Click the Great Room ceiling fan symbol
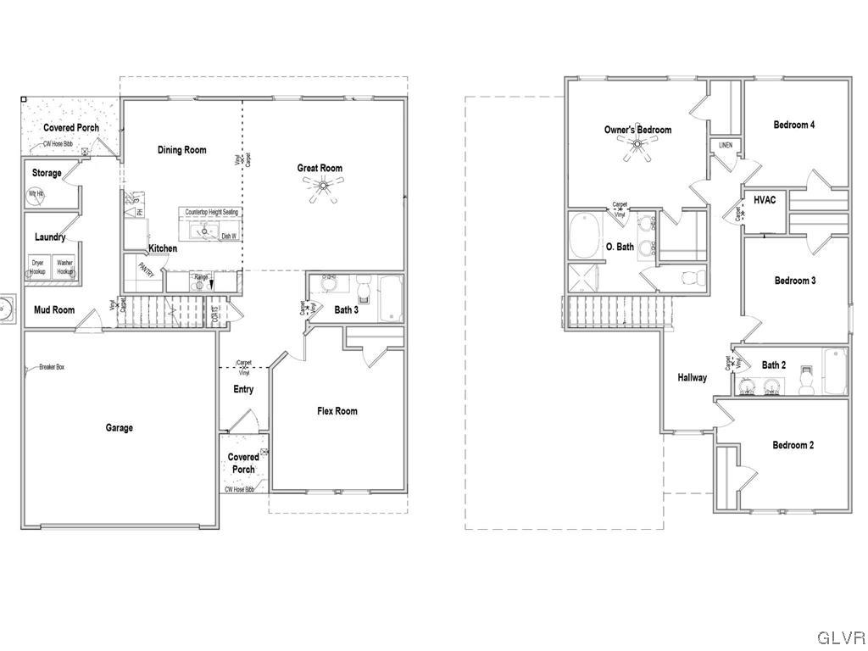point(322,190)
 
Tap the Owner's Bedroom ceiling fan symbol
point(637,150)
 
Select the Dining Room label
point(182,150)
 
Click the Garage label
point(119,428)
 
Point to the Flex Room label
point(337,411)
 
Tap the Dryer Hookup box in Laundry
point(38,266)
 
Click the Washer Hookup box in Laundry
point(65,266)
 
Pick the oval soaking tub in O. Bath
point(584,236)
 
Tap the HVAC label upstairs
point(765,201)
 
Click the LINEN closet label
point(726,146)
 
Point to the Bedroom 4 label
point(794,125)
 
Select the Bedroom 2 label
point(793,445)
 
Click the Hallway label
point(692,378)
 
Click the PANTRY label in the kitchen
point(146,270)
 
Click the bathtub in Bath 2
point(835,372)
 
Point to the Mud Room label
point(54,310)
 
